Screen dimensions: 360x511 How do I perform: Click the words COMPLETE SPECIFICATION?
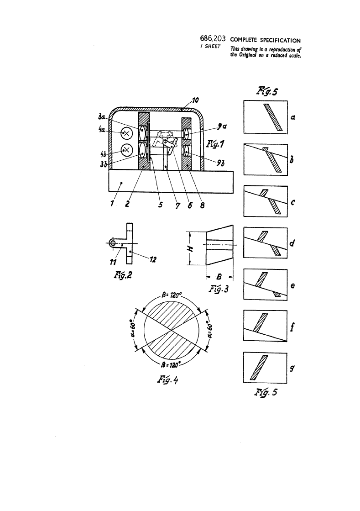tap(265, 40)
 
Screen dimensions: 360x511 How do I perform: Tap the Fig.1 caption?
tap(215, 144)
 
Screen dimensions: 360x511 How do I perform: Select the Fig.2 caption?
tap(123, 275)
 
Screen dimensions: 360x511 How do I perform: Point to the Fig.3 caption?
tap(219, 289)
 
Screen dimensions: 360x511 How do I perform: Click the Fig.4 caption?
tap(167, 379)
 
